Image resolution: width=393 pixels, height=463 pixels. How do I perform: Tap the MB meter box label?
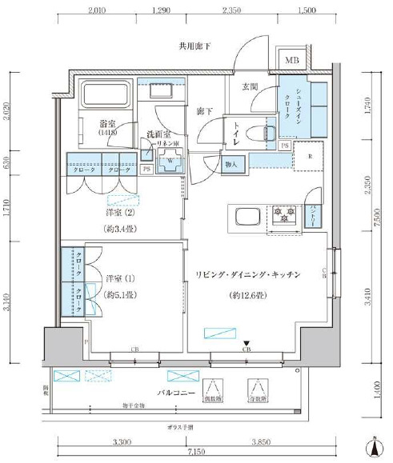[x=293, y=60]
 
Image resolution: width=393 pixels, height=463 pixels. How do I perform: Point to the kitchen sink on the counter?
[x=246, y=216]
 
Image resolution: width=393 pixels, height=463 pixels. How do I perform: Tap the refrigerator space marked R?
[x=308, y=158]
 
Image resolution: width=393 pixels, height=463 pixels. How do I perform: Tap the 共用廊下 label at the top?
[x=194, y=46]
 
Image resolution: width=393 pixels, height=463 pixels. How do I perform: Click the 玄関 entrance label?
[x=249, y=86]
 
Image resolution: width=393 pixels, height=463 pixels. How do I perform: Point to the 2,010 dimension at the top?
[x=97, y=11]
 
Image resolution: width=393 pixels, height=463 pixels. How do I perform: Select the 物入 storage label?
[x=231, y=163]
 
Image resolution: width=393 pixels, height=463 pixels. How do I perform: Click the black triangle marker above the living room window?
[x=247, y=341]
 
